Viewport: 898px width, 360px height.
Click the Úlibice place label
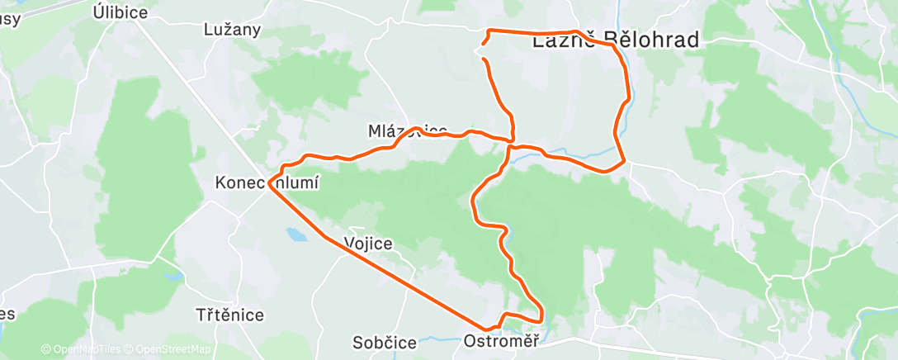point(121,12)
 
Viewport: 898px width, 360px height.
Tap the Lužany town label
point(232,30)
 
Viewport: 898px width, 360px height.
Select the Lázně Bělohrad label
point(616,40)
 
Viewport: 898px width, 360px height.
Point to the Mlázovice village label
point(408,130)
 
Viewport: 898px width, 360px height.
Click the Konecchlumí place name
point(267,182)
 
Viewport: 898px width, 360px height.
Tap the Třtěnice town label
point(230,315)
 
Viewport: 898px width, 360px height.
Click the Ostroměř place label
point(502,340)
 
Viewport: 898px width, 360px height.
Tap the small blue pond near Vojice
point(295,235)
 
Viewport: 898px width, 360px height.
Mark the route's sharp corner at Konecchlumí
point(270,183)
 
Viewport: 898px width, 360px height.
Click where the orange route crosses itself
point(511,142)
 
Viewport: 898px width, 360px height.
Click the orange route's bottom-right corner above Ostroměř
point(541,319)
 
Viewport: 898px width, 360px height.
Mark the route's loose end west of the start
point(483,59)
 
